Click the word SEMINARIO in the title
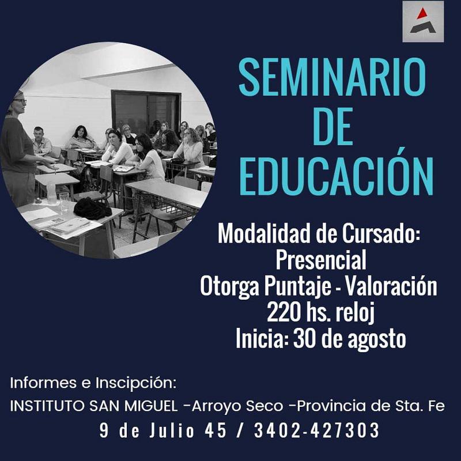(x=332, y=77)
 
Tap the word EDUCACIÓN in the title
(x=337, y=176)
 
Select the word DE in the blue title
(x=332, y=126)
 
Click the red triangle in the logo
(x=422, y=13)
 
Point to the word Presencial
(x=321, y=260)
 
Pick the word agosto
(x=377, y=339)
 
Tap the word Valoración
(x=391, y=286)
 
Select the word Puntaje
(x=297, y=286)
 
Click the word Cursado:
(x=381, y=233)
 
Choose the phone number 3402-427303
(x=316, y=430)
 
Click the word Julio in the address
(x=172, y=430)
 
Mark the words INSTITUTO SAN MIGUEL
(x=94, y=406)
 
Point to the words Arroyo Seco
(x=237, y=407)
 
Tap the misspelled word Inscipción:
(x=136, y=383)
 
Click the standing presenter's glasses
(x=20, y=101)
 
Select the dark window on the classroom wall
(x=146, y=112)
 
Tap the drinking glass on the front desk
(x=64, y=202)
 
